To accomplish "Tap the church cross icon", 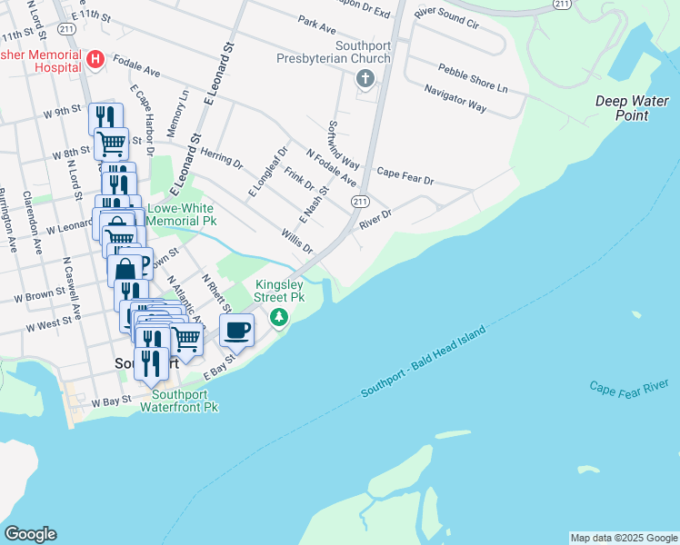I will [x=365, y=79].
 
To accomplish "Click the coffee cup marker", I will [x=237, y=332].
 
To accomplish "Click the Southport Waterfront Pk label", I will [x=180, y=401].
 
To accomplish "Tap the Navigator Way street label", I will [x=455, y=98].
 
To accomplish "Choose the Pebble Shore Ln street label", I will [x=472, y=76].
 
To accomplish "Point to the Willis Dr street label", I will [x=296, y=241].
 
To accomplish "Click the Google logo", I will [x=30, y=534].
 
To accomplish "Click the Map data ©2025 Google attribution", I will [x=623, y=538].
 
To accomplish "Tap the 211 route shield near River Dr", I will [x=360, y=202].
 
